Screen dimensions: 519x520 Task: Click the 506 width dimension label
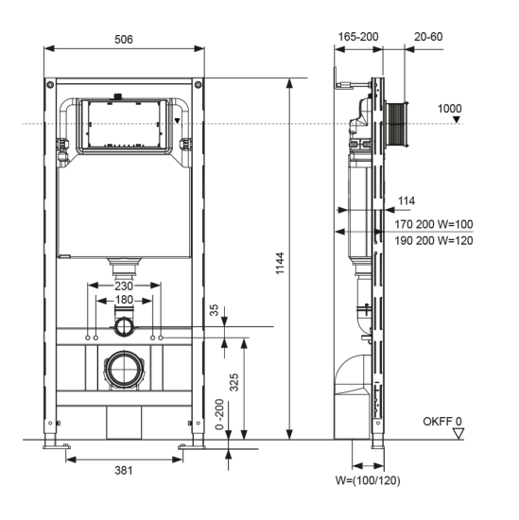pyautogui.click(x=123, y=40)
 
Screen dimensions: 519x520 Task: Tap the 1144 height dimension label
pyautogui.click(x=280, y=264)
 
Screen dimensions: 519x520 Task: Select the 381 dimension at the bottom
pyautogui.click(x=123, y=470)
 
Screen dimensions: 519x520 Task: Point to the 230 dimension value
pyautogui.click(x=124, y=286)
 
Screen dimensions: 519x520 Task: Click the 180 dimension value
pyautogui.click(x=124, y=300)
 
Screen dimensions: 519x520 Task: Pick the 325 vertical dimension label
pyautogui.click(x=234, y=382)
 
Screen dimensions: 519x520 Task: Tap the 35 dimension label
pyautogui.click(x=215, y=310)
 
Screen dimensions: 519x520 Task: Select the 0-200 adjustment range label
pyautogui.click(x=219, y=414)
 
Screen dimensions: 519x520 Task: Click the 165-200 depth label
pyautogui.click(x=358, y=37)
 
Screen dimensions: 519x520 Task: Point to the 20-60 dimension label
pyautogui.click(x=428, y=37)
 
